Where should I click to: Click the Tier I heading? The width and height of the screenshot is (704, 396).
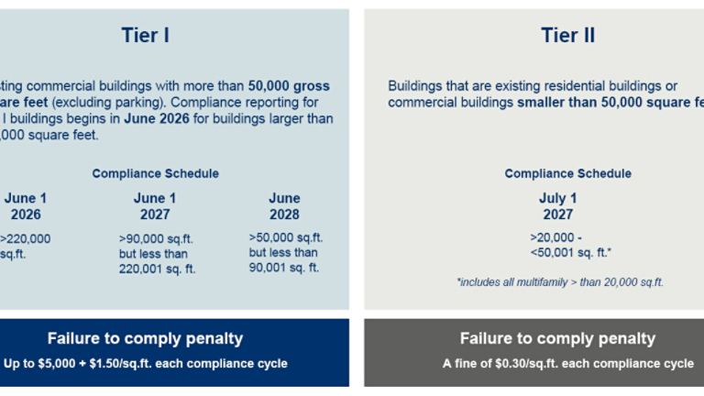point(145,36)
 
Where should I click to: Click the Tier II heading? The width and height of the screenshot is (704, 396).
point(568,36)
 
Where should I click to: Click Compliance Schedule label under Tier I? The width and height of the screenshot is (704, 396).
point(155,173)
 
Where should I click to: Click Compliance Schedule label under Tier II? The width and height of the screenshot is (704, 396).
point(567,173)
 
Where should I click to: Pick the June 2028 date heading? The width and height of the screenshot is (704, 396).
point(284,206)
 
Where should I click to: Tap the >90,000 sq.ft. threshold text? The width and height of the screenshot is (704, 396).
point(156,238)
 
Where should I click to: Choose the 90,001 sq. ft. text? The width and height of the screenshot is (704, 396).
point(284,268)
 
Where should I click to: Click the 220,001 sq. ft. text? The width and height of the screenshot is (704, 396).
point(157,269)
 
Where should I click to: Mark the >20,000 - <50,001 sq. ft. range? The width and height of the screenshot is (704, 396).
point(570,246)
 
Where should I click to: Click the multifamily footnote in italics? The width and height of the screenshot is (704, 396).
point(559,282)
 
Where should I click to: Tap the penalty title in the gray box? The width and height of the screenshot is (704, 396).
point(557,339)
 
